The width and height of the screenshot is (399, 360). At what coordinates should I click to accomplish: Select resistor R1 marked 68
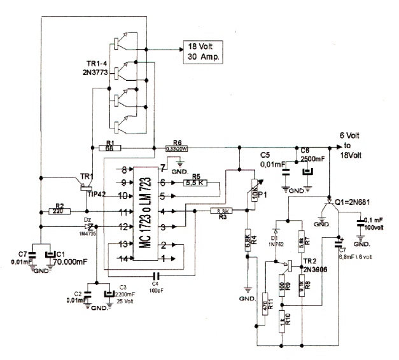pyautogui.click(x=109, y=148)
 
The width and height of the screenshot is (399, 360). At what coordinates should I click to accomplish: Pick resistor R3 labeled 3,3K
pyautogui.click(x=223, y=211)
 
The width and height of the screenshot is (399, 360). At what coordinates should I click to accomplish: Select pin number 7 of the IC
pyautogui.click(x=163, y=167)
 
